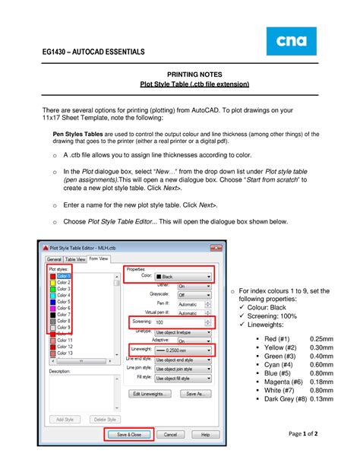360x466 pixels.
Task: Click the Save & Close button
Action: [128, 435]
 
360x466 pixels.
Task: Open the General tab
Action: [54, 258]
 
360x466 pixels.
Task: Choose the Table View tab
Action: [76, 258]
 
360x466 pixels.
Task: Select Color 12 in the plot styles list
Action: [65, 346]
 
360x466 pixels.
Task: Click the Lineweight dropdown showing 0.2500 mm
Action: [183, 349]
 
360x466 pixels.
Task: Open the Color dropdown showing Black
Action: [183, 276]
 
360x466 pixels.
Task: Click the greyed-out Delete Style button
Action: [103, 419]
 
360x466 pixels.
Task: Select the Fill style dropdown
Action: [183, 377]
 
